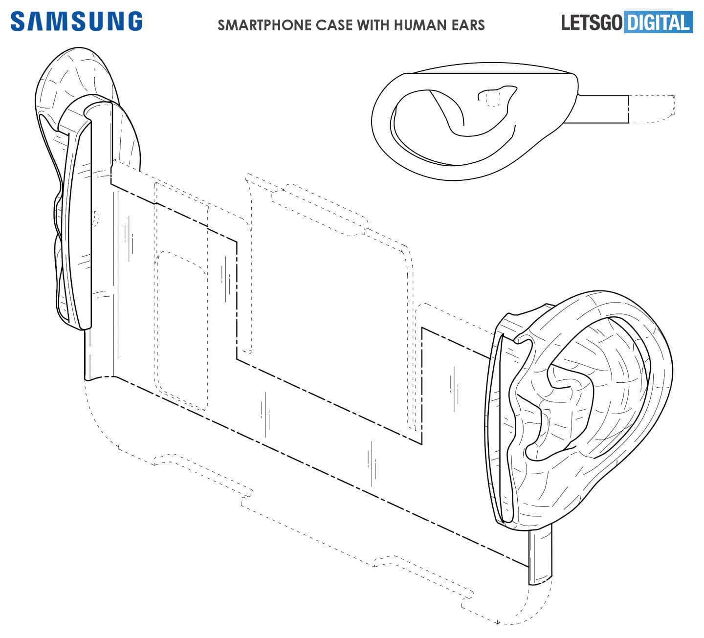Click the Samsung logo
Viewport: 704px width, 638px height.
pyautogui.click(x=76, y=22)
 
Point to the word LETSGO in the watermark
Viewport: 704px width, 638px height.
pyautogui.click(x=592, y=22)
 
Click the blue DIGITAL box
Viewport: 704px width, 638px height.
pyautogui.click(x=658, y=22)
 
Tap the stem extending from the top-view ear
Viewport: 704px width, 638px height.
pyautogui.click(x=604, y=109)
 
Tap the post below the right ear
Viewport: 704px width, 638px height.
pyautogui.click(x=540, y=557)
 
